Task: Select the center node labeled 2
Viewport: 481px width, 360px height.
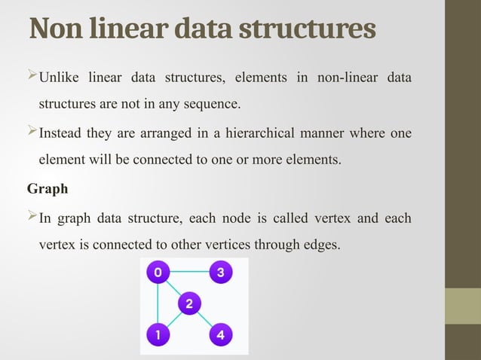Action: [188, 304]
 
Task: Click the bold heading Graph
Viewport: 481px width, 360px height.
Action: [47, 188]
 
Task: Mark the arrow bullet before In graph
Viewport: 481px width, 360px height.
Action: [32, 218]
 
